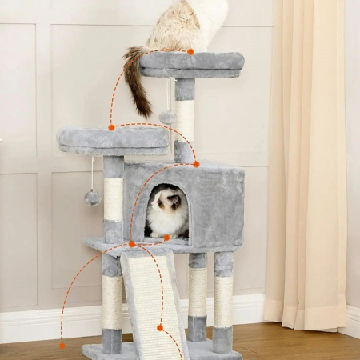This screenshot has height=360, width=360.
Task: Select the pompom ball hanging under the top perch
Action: (x=167, y=117)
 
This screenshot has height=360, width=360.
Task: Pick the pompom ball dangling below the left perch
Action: (x=93, y=198)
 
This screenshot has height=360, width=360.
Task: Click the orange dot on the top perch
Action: (x=190, y=52)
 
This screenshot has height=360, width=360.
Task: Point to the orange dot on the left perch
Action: (x=111, y=127)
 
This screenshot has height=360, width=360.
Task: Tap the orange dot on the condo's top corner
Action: (x=196, y=164)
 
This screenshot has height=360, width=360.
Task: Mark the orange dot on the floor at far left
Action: (x=62, y=346)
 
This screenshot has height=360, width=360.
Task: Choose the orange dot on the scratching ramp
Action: (x=160, y=327)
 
